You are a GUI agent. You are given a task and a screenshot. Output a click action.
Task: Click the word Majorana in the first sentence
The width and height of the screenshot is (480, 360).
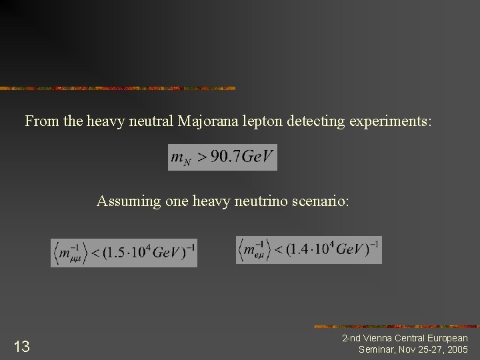point(212,121)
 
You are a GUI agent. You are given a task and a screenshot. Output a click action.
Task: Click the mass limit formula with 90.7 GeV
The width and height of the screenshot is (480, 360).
point(222,157)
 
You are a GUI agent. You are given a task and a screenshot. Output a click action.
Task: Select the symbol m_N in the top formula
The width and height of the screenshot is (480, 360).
point(181,158)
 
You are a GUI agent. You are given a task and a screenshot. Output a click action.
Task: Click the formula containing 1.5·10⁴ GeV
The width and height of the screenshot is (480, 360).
point(124,252)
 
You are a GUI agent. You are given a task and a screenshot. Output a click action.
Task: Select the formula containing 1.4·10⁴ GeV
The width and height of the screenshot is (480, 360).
point(309,249)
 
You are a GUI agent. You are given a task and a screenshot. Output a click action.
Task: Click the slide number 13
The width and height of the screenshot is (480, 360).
point(21,346)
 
